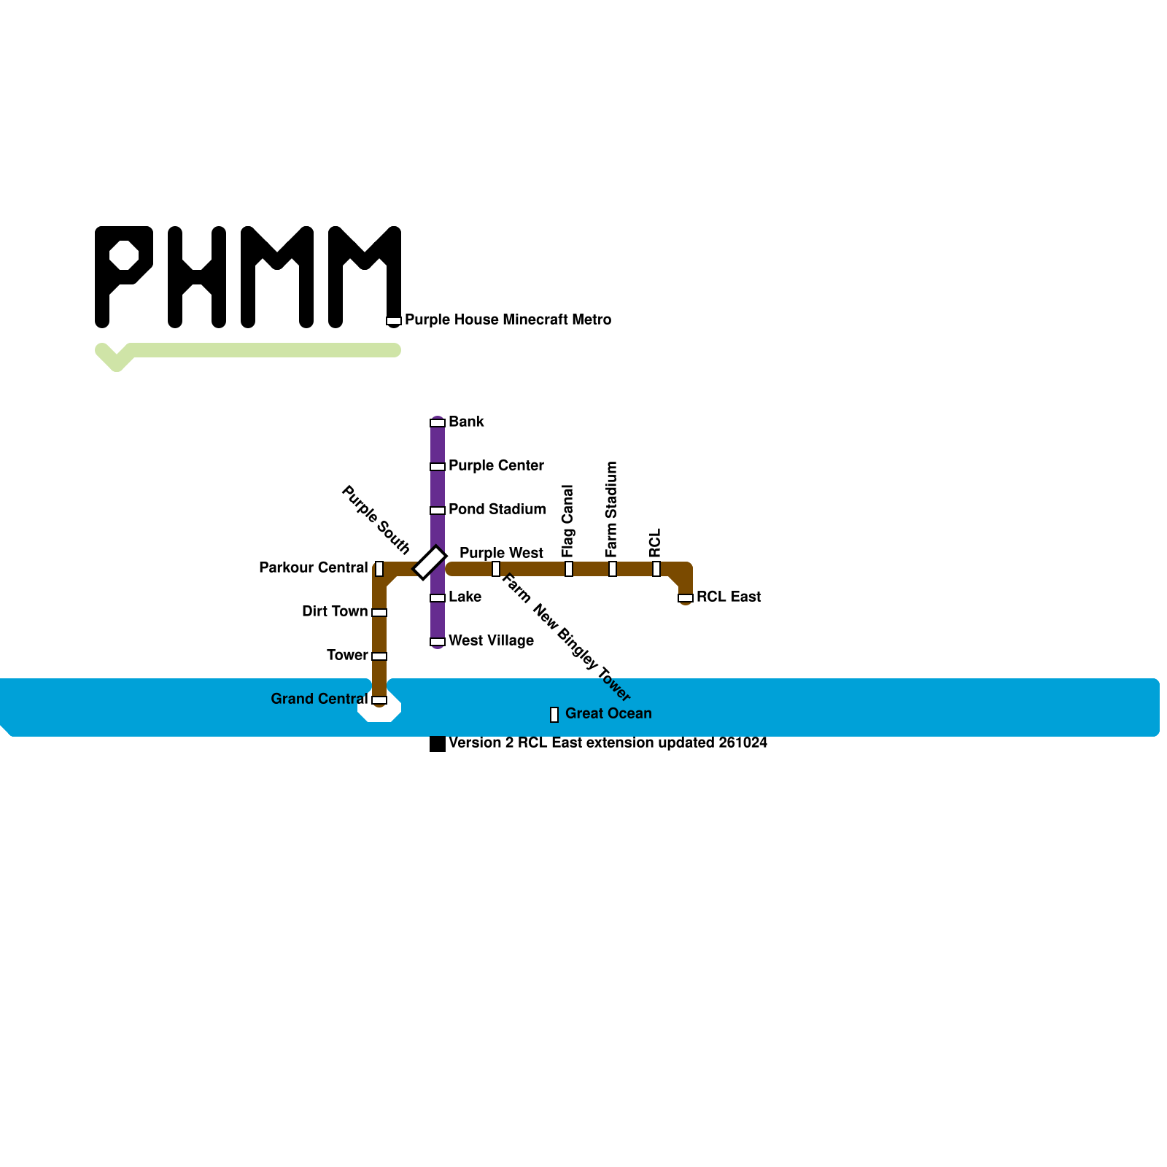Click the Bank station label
point(466,422)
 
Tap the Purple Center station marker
point(438,467)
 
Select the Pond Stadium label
point(497,509)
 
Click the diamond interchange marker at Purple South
point(430,562)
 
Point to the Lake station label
point(465,597)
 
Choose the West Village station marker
point(438,642)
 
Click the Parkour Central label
point(313,567)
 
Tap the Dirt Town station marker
point(379,613)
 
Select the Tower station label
point(347,655)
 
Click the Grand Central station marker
point(379,700)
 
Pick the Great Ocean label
point(608,713)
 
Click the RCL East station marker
point(686,598)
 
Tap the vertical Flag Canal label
point(568,521)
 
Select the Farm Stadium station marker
point(613,569)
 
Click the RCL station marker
point(656,569)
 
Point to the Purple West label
point(501,553)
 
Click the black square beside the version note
point(438,744)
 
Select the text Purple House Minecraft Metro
point(508,319)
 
